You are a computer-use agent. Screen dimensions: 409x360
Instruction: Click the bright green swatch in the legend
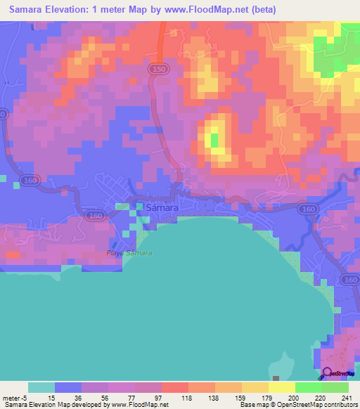click(x=309, y=387)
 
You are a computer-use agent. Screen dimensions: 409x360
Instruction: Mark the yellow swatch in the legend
click(x=282, y=387)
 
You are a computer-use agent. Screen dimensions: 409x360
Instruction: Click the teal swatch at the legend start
click(x=41, y=387)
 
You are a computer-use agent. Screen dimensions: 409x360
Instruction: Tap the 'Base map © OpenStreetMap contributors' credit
click(x=297, y=405)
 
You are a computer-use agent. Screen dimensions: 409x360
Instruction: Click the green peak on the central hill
click(x=214, y=139)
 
